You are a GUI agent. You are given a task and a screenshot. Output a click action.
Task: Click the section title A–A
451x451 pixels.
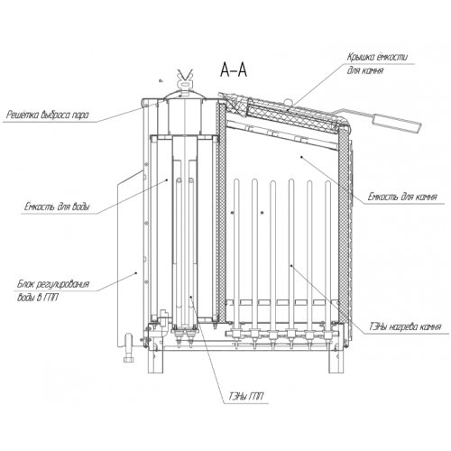point(234,70)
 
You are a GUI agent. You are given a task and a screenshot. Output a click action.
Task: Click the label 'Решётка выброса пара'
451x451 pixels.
point(48,115)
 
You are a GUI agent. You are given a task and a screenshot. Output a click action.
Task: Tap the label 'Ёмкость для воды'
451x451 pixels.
point(57,207)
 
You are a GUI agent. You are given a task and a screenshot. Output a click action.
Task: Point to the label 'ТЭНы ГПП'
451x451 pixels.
point(246,187)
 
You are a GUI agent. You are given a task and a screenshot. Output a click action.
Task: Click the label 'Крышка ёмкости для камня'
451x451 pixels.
point(377,64)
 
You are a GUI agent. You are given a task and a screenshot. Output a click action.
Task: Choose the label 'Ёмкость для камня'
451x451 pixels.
point(402,198)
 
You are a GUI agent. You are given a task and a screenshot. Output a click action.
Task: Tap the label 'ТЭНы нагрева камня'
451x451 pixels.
point(405,327)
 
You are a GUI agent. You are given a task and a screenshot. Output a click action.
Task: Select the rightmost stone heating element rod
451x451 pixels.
point(327,255)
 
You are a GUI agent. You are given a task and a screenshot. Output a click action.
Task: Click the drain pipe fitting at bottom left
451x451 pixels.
point(128,349)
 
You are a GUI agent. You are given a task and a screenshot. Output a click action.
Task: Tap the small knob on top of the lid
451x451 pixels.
point(288,102)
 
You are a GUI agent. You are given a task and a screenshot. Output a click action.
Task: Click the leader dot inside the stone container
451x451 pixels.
point(301,156)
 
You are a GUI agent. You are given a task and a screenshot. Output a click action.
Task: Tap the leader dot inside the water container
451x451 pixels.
point(167,179)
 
